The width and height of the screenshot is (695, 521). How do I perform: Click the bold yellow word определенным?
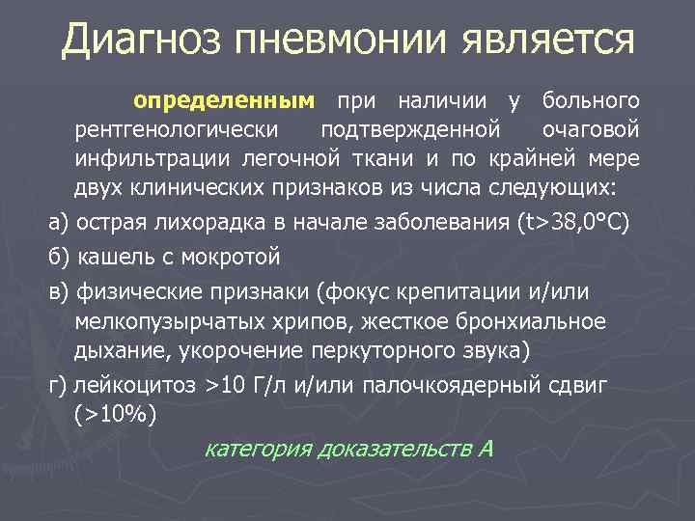(x=225, y=100)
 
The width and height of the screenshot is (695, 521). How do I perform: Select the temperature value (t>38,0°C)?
(x=573, y=223)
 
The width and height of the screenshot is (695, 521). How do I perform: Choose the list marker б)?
(x=61, y=258)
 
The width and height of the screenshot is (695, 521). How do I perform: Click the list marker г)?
(x=60, y=386)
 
